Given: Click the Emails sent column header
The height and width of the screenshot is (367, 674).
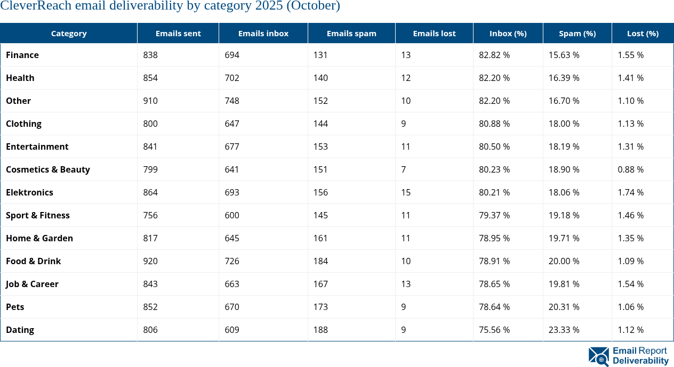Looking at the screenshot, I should point(178,33).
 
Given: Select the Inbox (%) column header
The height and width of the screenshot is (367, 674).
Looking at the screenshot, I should point(508,33).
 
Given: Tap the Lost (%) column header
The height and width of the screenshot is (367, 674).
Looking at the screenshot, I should point(643,33).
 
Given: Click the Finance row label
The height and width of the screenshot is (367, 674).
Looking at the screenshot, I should point(22,55).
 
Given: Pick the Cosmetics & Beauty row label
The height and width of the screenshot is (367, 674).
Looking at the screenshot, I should point(48,169).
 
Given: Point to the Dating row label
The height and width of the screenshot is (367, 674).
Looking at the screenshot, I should point(20,330).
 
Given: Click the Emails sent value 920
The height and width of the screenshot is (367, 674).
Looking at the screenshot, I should point(150,261).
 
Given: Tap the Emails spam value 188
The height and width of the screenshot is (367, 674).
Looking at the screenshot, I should point(320,330).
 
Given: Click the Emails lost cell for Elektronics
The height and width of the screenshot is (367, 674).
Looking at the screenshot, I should point(406,192).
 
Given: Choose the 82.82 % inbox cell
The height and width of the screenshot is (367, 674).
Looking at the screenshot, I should point(494,55).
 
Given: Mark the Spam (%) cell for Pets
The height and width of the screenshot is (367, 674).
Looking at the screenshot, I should point(564,307).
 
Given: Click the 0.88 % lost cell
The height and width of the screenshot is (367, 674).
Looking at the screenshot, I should point(630,169).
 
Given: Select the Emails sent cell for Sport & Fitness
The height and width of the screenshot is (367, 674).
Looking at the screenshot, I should point(150,215).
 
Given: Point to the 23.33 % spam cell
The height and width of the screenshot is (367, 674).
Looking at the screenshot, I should point(564,330).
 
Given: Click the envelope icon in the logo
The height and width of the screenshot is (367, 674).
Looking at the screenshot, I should point(598,356).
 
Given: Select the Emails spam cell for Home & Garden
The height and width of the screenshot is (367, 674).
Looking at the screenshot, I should point(320,238).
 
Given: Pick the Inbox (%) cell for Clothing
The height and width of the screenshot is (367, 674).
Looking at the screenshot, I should point(494,124).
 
